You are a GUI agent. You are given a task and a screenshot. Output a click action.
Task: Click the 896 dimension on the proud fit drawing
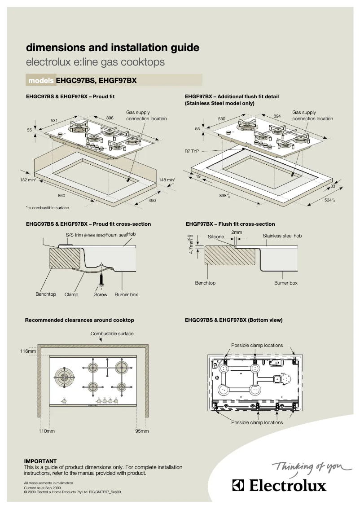pyautogui.click(x=110, y=118)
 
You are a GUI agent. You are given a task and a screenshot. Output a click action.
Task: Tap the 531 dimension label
pyautogui.click(x=54, y=121)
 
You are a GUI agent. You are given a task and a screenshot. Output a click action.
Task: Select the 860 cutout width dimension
pyautogui.click(x=61, y=195)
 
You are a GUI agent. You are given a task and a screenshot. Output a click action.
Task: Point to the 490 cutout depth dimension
pyautogui.click(x=152, y=200)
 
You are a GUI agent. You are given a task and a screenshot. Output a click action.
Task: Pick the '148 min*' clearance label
pyautogui.click(x=167, y=180)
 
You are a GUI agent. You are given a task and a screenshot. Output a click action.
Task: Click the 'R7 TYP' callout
pyautogui.click(x=192, y=151)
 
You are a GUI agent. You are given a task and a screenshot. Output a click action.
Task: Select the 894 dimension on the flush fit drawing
pyautogui.click(x=277, y=116)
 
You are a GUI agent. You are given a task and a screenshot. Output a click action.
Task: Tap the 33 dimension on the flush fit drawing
pyautogui.click(x=333, y=186)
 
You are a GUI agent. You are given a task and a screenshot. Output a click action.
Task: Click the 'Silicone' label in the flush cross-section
pyautogui.click(x=216, y=236)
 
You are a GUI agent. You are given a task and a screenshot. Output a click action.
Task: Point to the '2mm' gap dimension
pyautogui.click(x=237, y=232)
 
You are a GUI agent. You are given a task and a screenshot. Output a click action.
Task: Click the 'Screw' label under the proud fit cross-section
pyautogui.click(x=101, y=294)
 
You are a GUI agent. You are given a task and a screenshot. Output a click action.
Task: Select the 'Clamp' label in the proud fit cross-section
pyautogui.click(x=71, y=294)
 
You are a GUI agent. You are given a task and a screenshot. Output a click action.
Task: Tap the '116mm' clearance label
pyautogui.click(x=28, y=351)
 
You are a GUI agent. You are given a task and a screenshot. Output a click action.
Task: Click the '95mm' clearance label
pyautogui.click(x=142, y=431)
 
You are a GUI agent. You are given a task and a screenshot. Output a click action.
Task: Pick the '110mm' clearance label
pyautogui.click(x=46, y=431)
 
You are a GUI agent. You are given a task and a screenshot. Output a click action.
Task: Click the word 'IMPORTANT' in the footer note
pyautogui.click(x=40, y=461)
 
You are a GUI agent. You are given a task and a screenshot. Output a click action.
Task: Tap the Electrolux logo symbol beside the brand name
pyautogui.click(x=238, y=486)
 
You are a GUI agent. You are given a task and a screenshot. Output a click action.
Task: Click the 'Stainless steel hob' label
pyautogui.click(x=282, y=236)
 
